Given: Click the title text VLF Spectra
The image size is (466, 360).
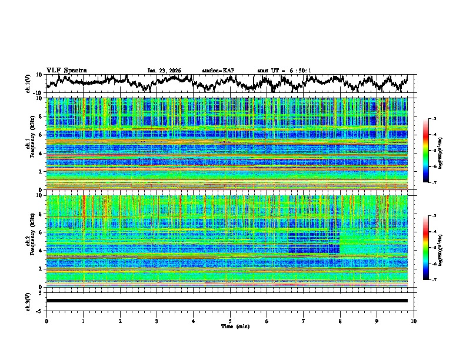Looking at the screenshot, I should click(66, 70).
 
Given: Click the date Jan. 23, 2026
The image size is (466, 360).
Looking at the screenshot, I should click(164, 71).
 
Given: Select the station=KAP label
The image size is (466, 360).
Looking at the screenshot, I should click(218, 71).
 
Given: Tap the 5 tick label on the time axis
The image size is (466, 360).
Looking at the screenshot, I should click(230, 321).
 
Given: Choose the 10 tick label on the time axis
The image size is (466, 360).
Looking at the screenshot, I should click(414, 321).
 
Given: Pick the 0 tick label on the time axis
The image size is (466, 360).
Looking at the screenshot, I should click(46, 321).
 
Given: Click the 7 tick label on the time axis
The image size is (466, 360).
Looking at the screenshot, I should click(304, 321).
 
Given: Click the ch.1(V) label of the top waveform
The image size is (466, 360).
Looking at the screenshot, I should click(28, 84).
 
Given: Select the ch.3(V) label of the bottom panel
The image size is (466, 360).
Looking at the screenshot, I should click(28, 301).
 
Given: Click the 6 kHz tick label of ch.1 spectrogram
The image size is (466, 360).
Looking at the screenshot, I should click(41, 135).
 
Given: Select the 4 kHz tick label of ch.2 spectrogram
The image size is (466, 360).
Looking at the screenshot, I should click(41, 251).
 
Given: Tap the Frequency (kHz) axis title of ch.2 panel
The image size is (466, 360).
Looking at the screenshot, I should click(35, 241).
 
